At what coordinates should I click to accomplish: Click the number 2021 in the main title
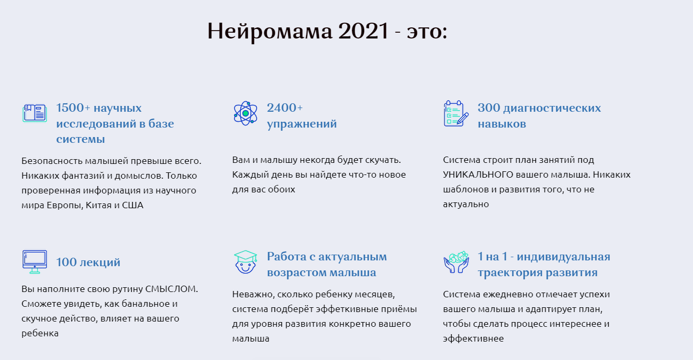[363, 32]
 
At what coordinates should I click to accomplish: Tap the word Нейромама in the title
[269, 32]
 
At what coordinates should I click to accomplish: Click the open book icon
[35, 113]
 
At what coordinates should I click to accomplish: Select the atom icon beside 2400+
[245, 113]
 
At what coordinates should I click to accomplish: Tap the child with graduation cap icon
[245, 261]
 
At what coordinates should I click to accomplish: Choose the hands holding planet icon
[456, 261]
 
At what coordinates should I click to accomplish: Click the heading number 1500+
[73, 108]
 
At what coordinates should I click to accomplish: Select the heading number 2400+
[285, 108]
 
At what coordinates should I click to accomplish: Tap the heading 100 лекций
[88, 262]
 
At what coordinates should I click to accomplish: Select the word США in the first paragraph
[133, 205]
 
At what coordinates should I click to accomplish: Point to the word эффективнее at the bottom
[473, 338]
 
